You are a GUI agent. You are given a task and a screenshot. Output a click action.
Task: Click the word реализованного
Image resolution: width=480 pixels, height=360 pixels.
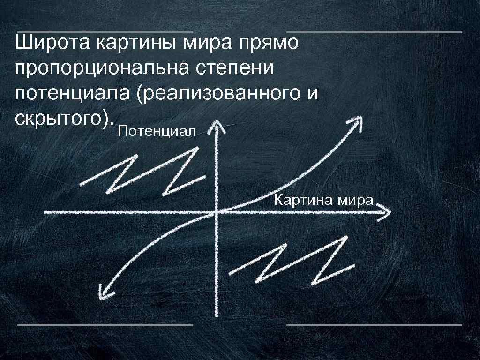pos(222,93)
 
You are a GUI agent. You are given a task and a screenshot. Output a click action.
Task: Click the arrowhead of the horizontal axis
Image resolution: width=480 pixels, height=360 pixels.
pos(385,212)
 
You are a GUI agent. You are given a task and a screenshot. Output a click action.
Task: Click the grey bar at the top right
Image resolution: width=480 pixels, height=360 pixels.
pos(374,32)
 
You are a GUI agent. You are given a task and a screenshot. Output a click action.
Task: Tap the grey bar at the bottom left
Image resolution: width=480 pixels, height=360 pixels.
pos(105,324)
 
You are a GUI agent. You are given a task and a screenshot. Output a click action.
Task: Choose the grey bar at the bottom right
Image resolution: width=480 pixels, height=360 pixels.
pos(374,324)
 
